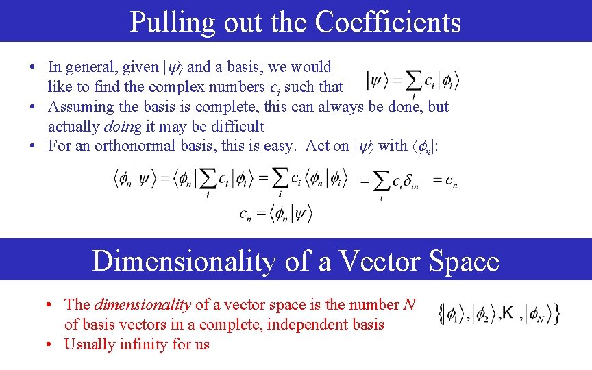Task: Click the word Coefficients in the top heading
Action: tap(388, 22)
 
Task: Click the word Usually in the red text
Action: tap(88, 344)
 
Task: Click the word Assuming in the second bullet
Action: tap(77, 106)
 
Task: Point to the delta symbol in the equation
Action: tap(408, 182)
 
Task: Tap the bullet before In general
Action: tap(33, 67)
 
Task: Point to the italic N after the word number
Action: tap(410, 304)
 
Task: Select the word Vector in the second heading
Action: tap(370, 261)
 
